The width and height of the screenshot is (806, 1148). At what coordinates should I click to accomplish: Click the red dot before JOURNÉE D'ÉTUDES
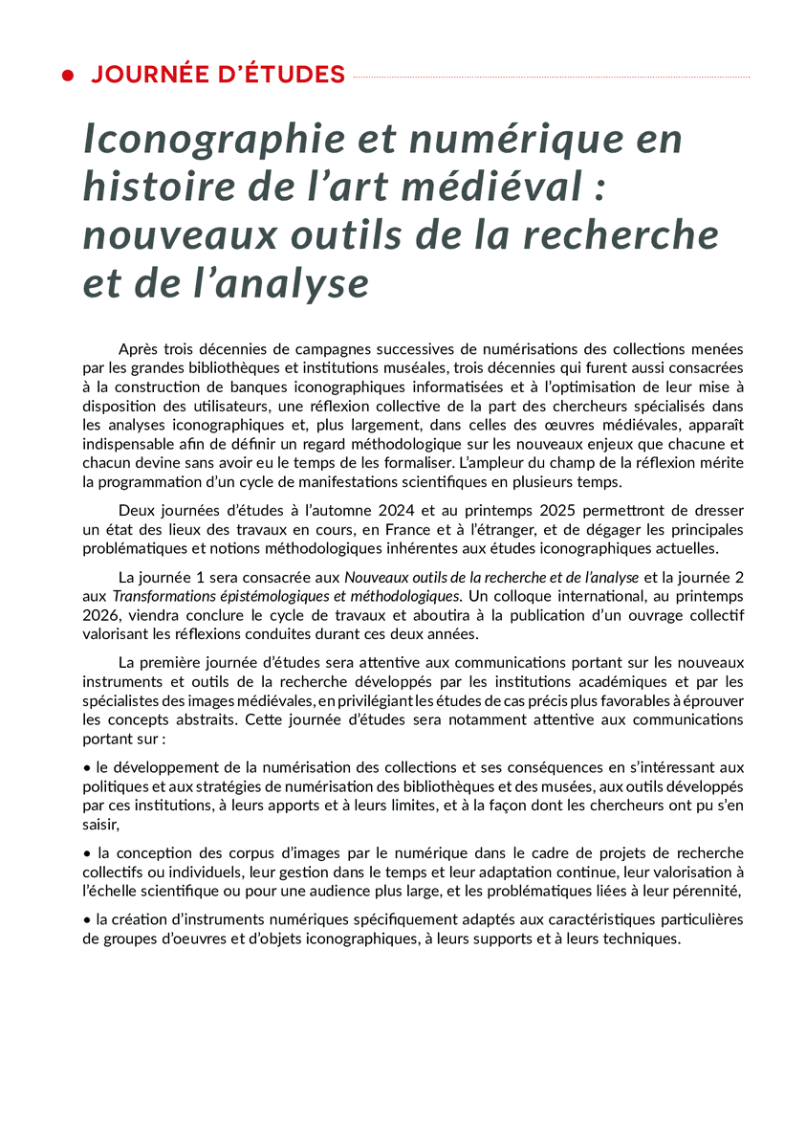(68, 76)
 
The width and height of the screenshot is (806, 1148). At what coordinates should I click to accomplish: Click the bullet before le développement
(87, 767)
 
